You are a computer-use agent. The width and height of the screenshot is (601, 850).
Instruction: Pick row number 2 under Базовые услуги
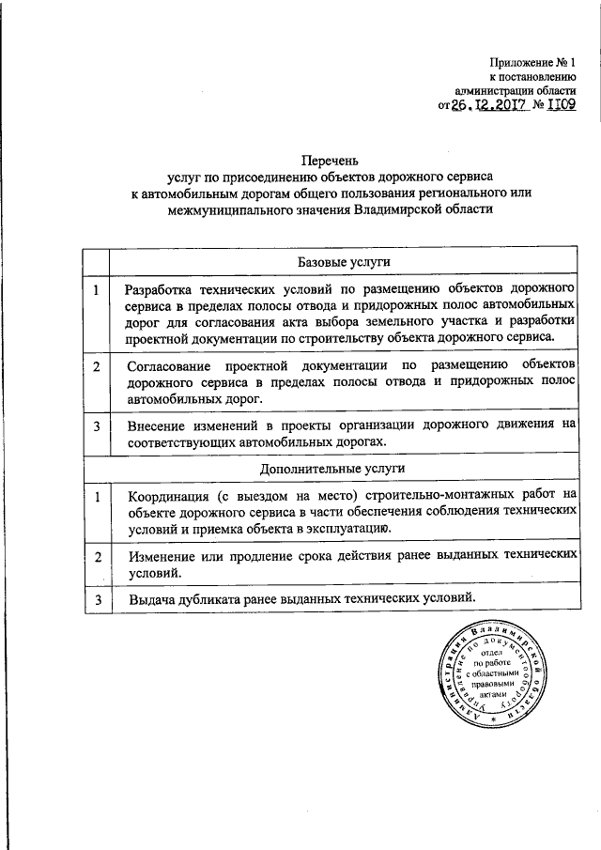[97, 364]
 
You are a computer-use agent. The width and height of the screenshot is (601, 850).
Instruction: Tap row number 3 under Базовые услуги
[97, 425]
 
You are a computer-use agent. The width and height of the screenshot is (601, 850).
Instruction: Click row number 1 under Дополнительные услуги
[97, 495]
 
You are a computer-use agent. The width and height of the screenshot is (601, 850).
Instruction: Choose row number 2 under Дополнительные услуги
[97, 557]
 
